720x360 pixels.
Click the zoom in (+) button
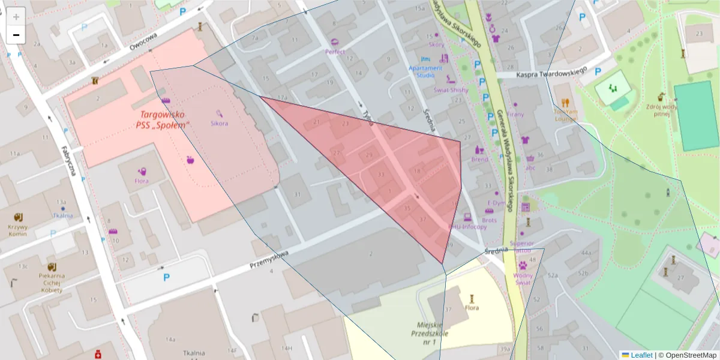pos(16,17)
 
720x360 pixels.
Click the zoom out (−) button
pos(16,35)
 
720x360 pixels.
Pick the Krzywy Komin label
pos(18,231)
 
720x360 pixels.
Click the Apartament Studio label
pos(425,71)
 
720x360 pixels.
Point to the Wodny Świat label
pos(522,278)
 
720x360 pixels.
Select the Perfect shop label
pos(335,52)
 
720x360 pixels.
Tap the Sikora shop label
pos(219,123)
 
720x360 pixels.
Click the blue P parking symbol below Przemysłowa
pos(166,277)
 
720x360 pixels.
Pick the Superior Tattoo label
pos(521,247)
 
